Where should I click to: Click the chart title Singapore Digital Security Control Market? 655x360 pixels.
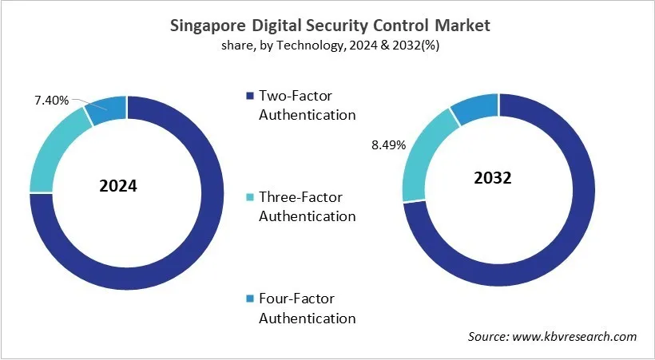(x=331, y=26)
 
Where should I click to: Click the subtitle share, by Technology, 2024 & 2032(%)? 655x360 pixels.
(x=331, y=45)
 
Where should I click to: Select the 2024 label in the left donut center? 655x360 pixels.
(x=118, y=186)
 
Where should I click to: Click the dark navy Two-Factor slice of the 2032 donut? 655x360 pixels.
(x=575, y=224)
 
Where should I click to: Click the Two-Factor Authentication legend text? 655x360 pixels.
(x=306, y=105)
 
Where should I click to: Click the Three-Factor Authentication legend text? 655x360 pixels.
(x=306, y=207)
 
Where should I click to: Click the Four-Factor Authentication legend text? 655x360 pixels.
(x=306, y=308)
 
